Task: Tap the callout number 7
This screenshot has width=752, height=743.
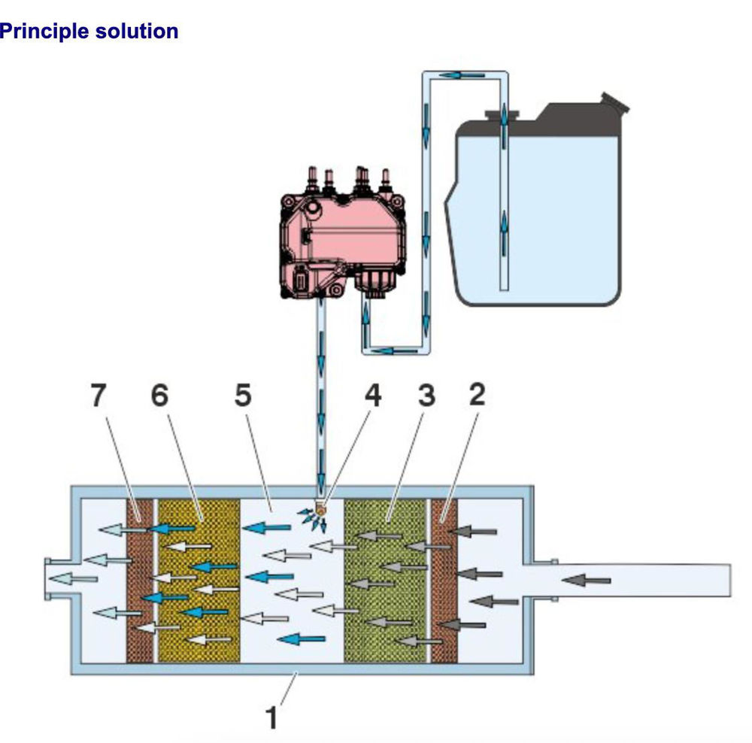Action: (x=99, y=396)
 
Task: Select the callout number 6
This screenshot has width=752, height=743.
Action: (x=160, y=396)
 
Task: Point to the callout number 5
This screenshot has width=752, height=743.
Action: (x=241, y=396)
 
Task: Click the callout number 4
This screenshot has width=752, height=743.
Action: (x=371, y=396)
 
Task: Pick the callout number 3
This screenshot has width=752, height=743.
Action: (x=426, y=396)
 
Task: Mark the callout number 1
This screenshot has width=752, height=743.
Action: (x=273, y=717)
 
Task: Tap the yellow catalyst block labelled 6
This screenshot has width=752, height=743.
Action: (x=198, y=579)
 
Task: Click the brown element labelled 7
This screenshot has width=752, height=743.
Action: (x=139, y=579)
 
